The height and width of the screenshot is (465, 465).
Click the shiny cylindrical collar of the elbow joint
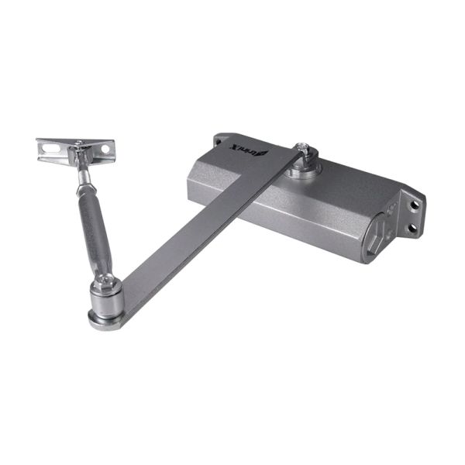pos(104,298)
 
